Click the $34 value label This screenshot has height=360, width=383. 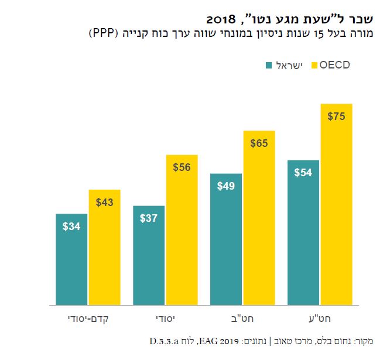[71, 226]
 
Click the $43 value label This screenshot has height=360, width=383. [104, 203]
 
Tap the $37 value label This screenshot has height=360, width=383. [149, 218]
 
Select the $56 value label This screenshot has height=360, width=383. [182, 167]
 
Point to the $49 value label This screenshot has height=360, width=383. [226, 186]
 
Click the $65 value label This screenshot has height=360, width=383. [259, 143]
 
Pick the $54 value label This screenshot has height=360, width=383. [303, 173]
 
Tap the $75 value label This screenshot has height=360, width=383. [336, 116]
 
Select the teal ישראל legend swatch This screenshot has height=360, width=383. [270, 65]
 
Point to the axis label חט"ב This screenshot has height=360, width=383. [242, 319]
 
